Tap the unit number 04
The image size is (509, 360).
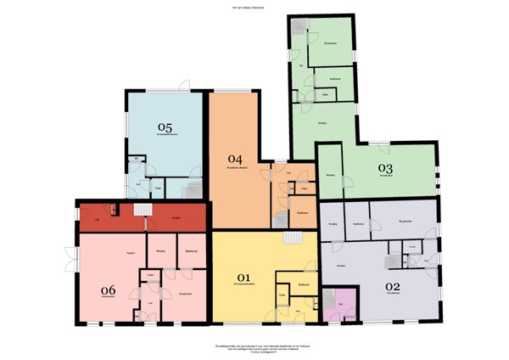(x=235, y=159)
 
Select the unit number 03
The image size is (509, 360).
(x=386, y=167)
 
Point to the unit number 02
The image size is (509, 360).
(x=392, y=286)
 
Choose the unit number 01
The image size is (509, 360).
(x=243, y=277)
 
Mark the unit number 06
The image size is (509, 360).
(x=108, y=290)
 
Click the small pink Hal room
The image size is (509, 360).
(x=341, y=302)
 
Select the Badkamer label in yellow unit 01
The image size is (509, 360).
(x=304, y=284)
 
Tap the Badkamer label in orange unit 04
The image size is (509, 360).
(x=303, y=213)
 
